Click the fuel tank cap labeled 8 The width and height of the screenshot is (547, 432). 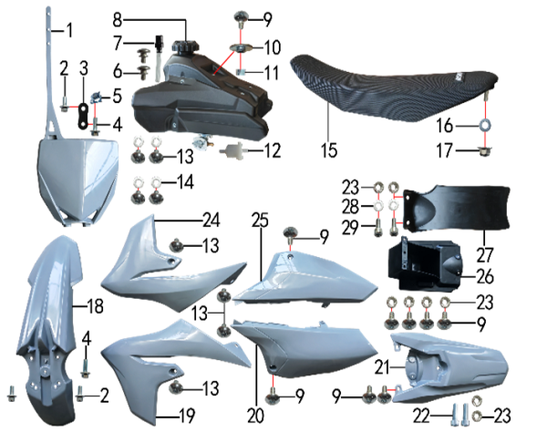point(185,46)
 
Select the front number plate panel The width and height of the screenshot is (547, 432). point(77,178)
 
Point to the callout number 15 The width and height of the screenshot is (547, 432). point(329,150)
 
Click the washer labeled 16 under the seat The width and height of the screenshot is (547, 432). point(484,125)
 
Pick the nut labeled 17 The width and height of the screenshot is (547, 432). point(484,151)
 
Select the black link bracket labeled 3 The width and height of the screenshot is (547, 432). point(84,115)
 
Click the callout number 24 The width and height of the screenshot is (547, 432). point(212,220)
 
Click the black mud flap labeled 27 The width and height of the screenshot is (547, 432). point(457,209)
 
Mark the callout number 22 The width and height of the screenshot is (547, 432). point(421,416)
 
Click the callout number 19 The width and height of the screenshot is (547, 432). point(187,416)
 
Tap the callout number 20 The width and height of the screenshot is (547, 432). point(255,416)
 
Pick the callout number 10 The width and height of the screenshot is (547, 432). point(273,47)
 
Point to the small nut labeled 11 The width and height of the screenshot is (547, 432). point(240,72)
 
